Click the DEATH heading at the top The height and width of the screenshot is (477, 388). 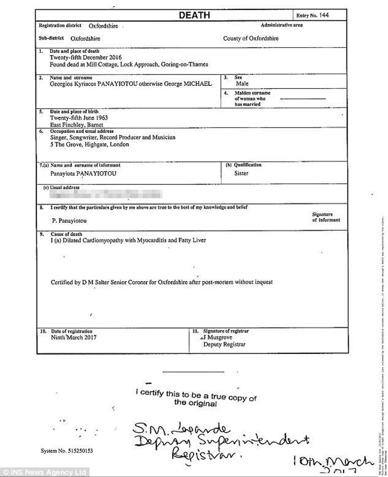click(194, 15)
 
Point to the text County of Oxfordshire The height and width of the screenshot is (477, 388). click(251, 38)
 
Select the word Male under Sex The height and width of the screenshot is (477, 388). click(242, 84)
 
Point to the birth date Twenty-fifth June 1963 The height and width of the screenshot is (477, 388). click(78, 117)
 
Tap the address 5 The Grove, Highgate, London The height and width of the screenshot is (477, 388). click(89, 144)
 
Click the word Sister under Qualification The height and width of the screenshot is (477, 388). click(241, 173)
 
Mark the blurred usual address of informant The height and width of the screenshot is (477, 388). click(106, 193)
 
